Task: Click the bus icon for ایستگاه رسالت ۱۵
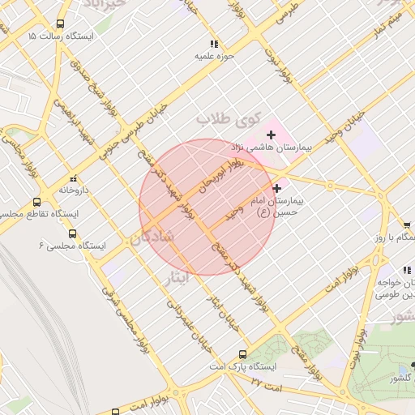click(x=61, y=25)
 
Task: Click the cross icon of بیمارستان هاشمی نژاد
click(x=270, y=134)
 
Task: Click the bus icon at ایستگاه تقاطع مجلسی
click(x=36, y=202)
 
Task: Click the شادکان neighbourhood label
click(x=152, y=238)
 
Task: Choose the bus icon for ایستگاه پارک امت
click(x=242, y=354)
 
